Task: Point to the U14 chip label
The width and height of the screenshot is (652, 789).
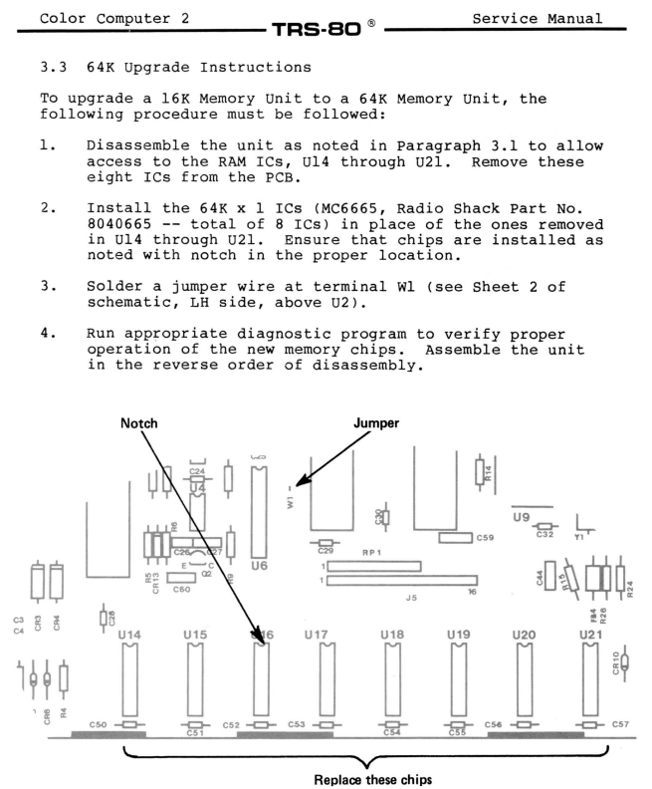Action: click(x=129, y=634)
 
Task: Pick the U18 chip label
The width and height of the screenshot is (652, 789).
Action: click(x=392, y=634)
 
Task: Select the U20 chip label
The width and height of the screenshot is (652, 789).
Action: click(x=524, y=634)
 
